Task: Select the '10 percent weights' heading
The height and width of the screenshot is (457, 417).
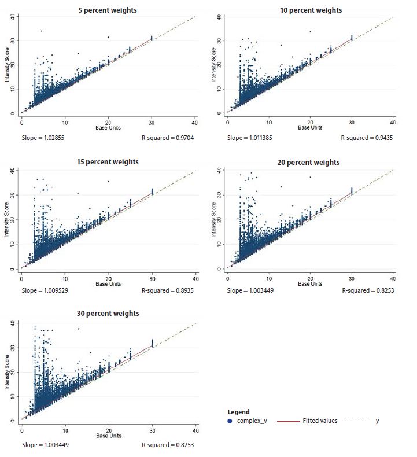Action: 313,10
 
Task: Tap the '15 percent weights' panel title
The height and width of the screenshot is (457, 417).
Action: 108,161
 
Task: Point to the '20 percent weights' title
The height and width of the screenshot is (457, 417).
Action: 313,162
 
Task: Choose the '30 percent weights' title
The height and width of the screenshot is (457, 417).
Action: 108,314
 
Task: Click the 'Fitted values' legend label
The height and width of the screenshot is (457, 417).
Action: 320,421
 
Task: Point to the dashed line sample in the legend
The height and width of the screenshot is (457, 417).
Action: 357,421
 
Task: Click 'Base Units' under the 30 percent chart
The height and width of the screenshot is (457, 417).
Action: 108,434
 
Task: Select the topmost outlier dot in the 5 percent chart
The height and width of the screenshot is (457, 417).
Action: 42,31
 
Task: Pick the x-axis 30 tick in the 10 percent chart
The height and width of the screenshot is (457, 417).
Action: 352,122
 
